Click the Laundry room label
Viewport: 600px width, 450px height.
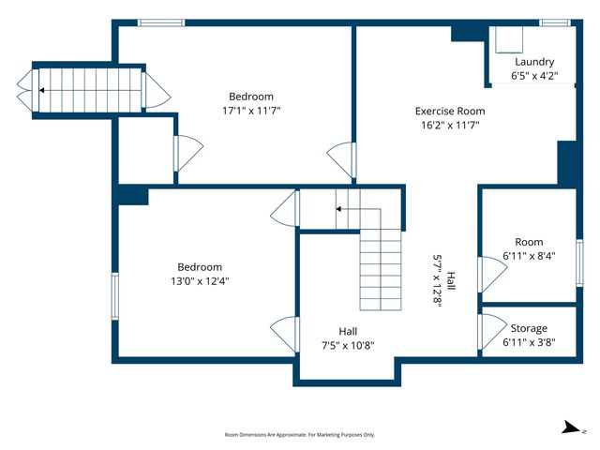533,62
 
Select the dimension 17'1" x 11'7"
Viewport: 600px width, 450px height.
250,110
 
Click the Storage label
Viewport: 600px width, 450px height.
529,328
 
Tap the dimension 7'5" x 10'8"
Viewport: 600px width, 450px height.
348,345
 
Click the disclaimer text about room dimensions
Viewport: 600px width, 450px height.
300,434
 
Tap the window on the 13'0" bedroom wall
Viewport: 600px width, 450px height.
115,293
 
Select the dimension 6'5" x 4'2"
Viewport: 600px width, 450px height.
533,76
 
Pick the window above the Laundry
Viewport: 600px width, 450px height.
554,22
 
